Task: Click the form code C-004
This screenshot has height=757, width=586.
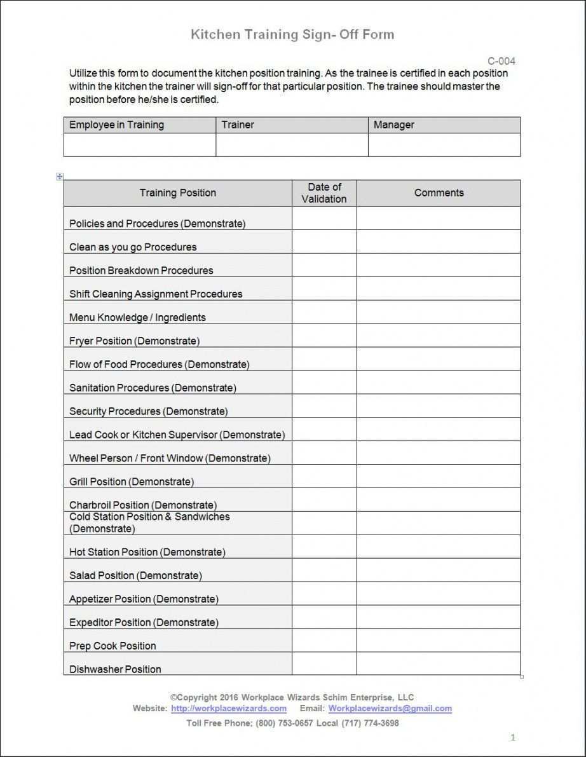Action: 501,62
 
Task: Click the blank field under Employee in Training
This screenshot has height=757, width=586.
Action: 140,145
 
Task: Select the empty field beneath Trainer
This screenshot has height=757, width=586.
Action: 292,145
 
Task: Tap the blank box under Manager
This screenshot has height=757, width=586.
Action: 444,145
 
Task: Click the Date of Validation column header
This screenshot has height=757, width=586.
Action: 324,193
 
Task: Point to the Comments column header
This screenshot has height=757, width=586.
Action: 439,193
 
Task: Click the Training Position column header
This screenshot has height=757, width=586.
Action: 178,193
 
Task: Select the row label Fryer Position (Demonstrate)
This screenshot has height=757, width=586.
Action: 134,341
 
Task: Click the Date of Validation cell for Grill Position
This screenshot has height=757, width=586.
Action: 324,477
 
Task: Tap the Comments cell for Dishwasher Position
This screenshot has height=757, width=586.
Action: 439,664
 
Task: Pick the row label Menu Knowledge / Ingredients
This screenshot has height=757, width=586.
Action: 137,318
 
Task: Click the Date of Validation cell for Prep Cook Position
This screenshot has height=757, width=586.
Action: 324,641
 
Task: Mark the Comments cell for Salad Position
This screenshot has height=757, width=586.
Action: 439,570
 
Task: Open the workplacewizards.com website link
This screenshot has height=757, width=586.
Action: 229,709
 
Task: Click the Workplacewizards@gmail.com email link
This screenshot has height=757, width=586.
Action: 390,709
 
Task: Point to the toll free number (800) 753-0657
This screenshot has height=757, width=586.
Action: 284,723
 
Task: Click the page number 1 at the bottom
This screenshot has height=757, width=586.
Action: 513,738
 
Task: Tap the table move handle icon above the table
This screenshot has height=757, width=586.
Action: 60,177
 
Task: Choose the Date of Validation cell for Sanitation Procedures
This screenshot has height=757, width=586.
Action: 324,383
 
